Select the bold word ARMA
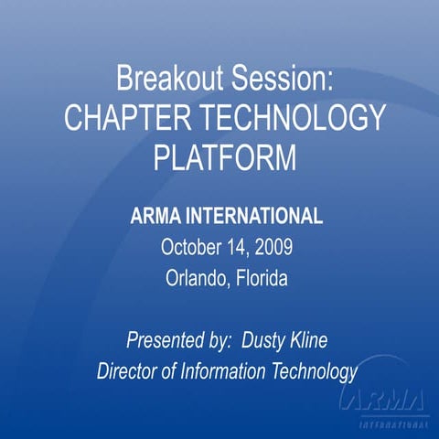(x=155, y=218)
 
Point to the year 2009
(x=273, y=247)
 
